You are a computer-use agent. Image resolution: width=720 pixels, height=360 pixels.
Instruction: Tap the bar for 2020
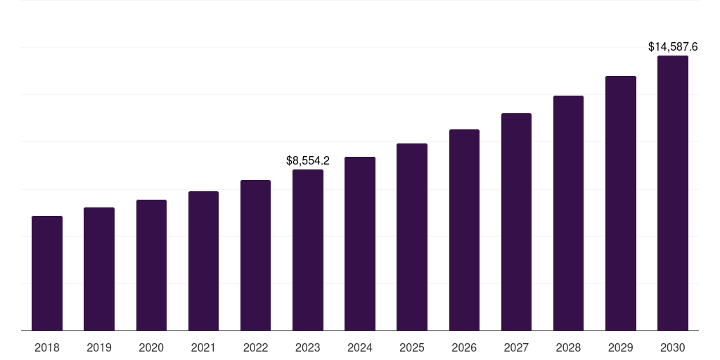[x=151, y=265]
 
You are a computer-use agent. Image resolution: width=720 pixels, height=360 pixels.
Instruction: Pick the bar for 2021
[x=203, y=261]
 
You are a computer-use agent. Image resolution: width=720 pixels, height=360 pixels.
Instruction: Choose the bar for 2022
[x=255, y=255]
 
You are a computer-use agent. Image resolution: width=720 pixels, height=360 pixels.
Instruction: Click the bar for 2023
[x=308, y=250]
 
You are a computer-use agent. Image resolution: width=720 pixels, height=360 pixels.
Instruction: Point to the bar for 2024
[x=360, y=243]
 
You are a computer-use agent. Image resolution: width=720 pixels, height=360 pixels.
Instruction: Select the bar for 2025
[x=412, y=237]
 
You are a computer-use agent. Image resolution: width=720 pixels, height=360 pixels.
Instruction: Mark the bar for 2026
[x=464, y=230]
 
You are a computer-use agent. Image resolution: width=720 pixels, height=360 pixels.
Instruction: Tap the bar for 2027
[x=516, y=221]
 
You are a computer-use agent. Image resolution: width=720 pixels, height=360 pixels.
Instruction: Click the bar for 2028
[x=568, y=213]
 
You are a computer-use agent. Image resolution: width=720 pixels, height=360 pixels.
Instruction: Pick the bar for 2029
[x=620, y=203]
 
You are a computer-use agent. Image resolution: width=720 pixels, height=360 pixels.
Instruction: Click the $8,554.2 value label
[x=308, y=160]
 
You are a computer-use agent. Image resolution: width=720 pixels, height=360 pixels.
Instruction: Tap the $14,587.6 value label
[x=673, y=47]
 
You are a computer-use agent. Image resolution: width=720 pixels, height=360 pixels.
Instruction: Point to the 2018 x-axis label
[x=47, y=347]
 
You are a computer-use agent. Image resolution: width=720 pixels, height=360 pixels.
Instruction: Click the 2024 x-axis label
[x=360, y=347]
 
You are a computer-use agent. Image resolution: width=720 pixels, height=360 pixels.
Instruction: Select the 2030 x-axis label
[x=673, y=347]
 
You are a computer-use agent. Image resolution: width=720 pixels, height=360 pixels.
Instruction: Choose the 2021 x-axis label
[x=203, y=347]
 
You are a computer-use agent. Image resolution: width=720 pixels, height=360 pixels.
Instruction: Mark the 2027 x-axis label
[x=516, y=347]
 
